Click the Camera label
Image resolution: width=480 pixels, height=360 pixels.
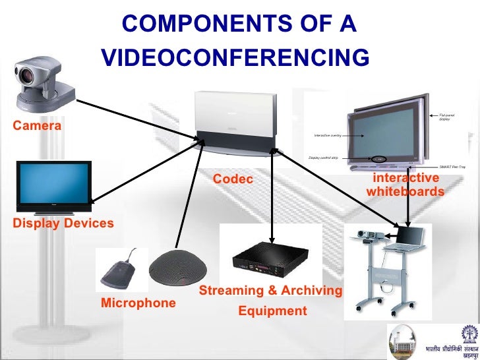(x=37, y=125)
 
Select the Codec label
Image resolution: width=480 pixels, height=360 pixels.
(x=233, y=179)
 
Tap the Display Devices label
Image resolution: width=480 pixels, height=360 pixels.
(x=63, y=224)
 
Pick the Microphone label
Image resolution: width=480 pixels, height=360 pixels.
(x=138, y=303)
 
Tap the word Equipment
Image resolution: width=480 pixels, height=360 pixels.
(x=272, y=311)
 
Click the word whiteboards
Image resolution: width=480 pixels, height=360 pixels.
(x=405, y=192)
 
